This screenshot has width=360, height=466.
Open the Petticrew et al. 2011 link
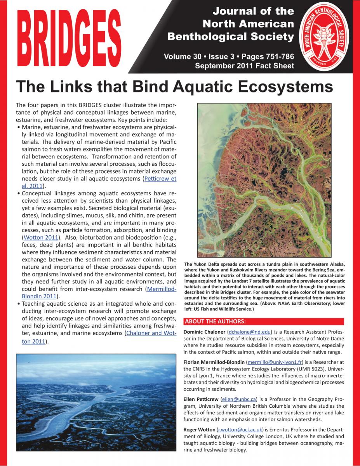[x=160, y=179]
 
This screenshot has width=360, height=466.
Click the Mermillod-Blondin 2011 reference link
[x=161, y=289]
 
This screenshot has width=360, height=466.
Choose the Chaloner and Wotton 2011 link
[x=151, y=333]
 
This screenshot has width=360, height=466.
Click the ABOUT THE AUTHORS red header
[x=215, y=322]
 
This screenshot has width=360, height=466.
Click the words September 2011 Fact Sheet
[x=244, y=66]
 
